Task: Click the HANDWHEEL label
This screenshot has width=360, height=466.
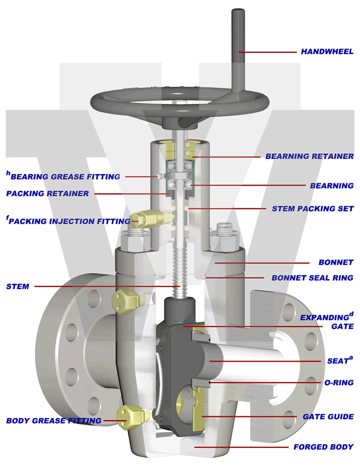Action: [x=327, y=52]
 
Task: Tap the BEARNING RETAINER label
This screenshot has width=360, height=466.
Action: [x=309, y=156]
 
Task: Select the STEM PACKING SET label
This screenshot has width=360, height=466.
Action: [x=313, y=208]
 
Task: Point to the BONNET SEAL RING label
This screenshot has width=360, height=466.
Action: [x=312, y=278]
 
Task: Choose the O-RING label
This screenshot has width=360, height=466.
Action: [x=339, y=383]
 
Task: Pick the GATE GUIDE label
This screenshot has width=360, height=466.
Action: [x=328, y=416]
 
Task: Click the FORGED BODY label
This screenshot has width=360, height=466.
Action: [x=323, y=447]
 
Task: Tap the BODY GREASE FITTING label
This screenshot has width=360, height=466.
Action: [x=53, y=421]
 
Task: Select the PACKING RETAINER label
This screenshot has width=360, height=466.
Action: [x=47, y=193]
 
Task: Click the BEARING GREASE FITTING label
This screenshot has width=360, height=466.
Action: [x=65, y=177]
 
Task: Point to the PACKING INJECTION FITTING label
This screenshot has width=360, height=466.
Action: [x=70, y=221]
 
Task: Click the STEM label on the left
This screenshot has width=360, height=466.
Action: [x=17, y=286]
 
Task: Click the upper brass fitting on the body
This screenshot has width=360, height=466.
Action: [x=125, y=299]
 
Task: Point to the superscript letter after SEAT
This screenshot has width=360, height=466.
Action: [x=351, y=357]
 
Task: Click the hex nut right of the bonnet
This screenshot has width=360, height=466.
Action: [x=225, y=239]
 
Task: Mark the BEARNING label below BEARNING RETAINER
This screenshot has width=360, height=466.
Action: [x=332, y=186]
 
